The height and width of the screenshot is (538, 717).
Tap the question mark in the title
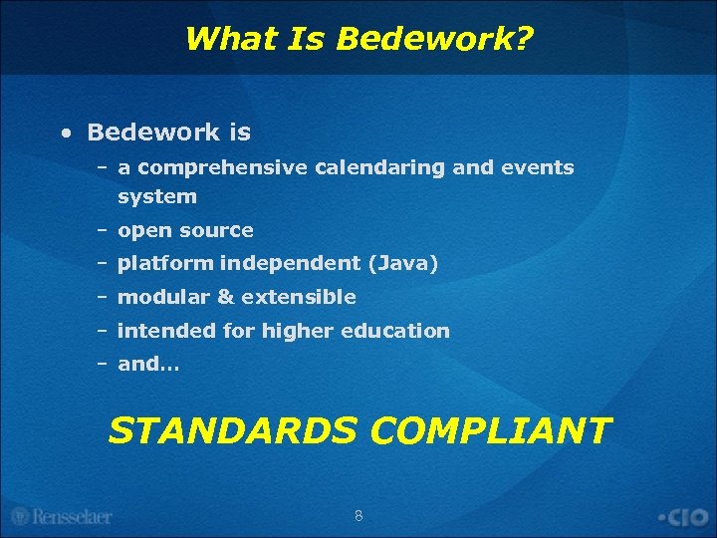[526, 39]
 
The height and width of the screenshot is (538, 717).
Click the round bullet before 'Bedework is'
[65, 133]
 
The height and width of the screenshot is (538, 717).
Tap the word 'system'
[157, 196]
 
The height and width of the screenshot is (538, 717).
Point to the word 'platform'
[165, 263]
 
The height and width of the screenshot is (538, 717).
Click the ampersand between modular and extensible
[225, 297]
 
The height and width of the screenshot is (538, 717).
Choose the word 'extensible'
[298, 297]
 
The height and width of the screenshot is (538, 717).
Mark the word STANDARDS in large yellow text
[232, 430]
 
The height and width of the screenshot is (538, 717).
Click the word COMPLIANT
[490, 430]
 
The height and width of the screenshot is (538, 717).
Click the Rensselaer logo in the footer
[61, 516]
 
